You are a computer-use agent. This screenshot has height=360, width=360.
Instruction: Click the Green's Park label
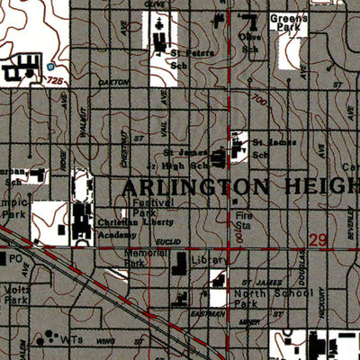pyautogui.click(x=290, y=22)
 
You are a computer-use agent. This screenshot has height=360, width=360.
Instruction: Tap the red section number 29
pyautogui.click(x=317, y=240)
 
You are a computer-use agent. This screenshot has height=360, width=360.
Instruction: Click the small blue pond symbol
pyautogui.click(x=50, y=67)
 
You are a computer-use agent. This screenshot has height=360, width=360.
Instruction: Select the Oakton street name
pyautogui.click(x=115, y=82)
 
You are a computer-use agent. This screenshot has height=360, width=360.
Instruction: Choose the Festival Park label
pyautogui.click(x=146, y=208)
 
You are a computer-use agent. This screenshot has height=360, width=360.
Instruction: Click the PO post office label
pyautogui.click(x=15, y=257)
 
